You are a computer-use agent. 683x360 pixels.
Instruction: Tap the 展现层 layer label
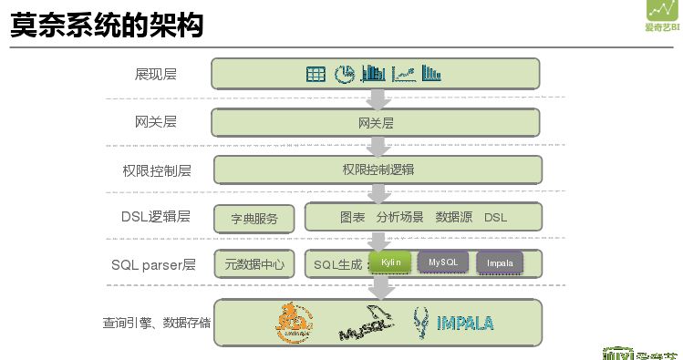155,74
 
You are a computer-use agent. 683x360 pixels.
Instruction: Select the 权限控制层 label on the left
157,170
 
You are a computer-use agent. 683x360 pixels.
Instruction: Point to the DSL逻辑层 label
155,217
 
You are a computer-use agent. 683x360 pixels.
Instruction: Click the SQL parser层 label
153,265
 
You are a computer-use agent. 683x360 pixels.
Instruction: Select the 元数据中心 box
254,265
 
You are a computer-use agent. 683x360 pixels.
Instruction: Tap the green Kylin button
390,263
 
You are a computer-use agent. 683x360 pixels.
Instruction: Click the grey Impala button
500,263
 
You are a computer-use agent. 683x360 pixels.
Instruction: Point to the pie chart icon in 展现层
345,74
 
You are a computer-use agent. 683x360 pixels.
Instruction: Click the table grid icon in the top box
316,74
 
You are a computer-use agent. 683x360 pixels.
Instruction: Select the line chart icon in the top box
404,74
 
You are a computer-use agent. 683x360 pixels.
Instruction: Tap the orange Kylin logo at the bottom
295,323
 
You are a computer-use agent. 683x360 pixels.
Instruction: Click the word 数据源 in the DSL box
453,217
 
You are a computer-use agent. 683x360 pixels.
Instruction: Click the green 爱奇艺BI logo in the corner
663,15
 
